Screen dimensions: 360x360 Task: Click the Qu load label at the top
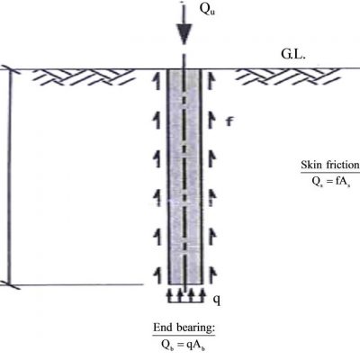207,10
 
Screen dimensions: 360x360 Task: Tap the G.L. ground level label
293,54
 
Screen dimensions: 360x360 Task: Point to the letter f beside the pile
229,121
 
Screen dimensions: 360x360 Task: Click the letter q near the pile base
217,300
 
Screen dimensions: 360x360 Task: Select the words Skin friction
330,165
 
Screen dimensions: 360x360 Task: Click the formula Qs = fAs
331,182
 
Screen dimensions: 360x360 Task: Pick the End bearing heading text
184,328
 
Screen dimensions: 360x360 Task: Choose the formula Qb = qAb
184,345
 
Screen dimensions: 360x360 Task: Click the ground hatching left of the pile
83,76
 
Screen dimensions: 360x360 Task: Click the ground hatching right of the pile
288,76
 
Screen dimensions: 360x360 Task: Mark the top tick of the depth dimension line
10,69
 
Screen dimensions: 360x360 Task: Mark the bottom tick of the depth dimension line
10,284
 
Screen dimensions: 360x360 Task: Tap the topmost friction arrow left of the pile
157,81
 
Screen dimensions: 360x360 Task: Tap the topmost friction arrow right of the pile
211,81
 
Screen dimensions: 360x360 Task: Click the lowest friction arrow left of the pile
157,275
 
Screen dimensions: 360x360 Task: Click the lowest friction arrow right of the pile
212,275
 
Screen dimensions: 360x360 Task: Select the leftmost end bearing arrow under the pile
169,295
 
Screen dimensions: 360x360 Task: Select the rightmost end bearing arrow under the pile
202,295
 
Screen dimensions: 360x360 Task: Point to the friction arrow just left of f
211,120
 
